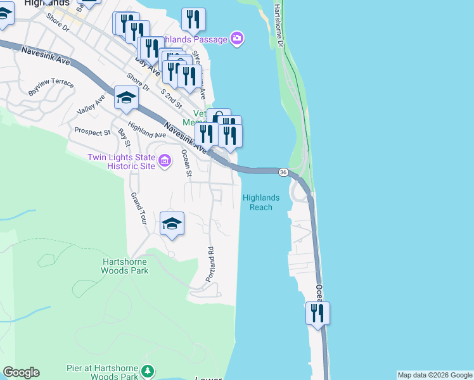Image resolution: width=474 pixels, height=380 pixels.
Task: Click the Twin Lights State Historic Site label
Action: (x=121, y=161)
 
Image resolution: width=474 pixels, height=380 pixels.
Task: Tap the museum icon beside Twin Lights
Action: (x=164, y=161)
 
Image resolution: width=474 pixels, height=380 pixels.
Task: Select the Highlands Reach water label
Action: (x=260, y=203)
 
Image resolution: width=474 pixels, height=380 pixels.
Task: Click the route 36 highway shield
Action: (x=283, y=172)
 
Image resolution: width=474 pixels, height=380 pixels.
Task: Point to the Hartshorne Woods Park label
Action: (x=125, y=266)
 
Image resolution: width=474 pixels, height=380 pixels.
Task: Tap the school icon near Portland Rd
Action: (x=172, y=224)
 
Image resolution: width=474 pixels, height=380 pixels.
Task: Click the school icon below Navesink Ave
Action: (x=126, y=98)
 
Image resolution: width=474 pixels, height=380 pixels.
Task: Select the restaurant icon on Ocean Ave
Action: (x=317, y=313)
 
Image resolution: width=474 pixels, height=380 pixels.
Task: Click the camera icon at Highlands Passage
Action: (x=237, y=39)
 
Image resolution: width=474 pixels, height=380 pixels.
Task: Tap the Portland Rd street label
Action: (x=210, y=264)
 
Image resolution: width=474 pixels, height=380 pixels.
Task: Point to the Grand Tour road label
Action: (x=138, y=209)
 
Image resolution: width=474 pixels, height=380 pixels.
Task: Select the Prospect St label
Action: (x=92, y=132)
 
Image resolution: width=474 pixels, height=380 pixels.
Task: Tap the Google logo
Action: (x=21, y=372)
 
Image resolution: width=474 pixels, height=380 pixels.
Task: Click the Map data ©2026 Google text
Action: (x=434, y=375)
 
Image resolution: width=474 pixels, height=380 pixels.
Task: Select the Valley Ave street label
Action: (x=91, y=105)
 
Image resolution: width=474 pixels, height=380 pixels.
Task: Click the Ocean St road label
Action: (x=187, y=161)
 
